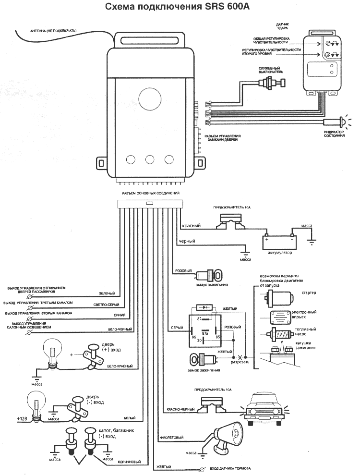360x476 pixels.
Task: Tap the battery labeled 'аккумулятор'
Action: pos(279,240)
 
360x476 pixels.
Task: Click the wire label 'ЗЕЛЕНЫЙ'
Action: pos(106,293)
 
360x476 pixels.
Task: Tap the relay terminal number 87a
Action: pos(205,333)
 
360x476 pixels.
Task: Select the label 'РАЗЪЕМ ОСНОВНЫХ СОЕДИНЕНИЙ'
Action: pos(150,193)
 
